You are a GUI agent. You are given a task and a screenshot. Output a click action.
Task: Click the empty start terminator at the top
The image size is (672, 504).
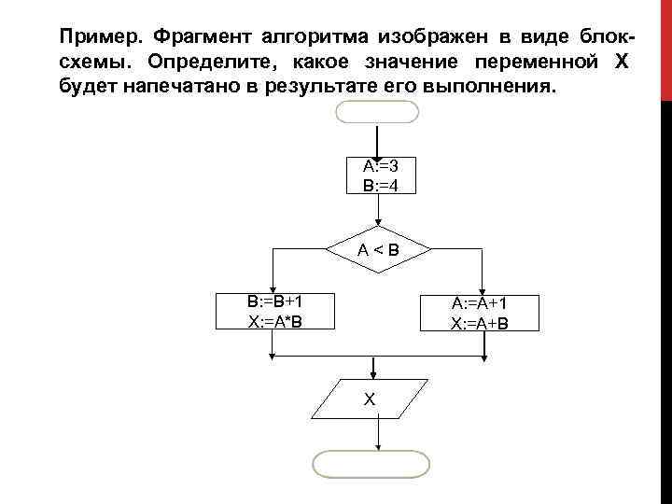376,113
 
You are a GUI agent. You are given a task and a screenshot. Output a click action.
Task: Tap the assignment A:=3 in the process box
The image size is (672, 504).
378,166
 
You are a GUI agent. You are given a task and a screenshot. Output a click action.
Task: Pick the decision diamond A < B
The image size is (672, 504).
378,249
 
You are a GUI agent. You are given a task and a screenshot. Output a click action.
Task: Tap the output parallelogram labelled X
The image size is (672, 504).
371,399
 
